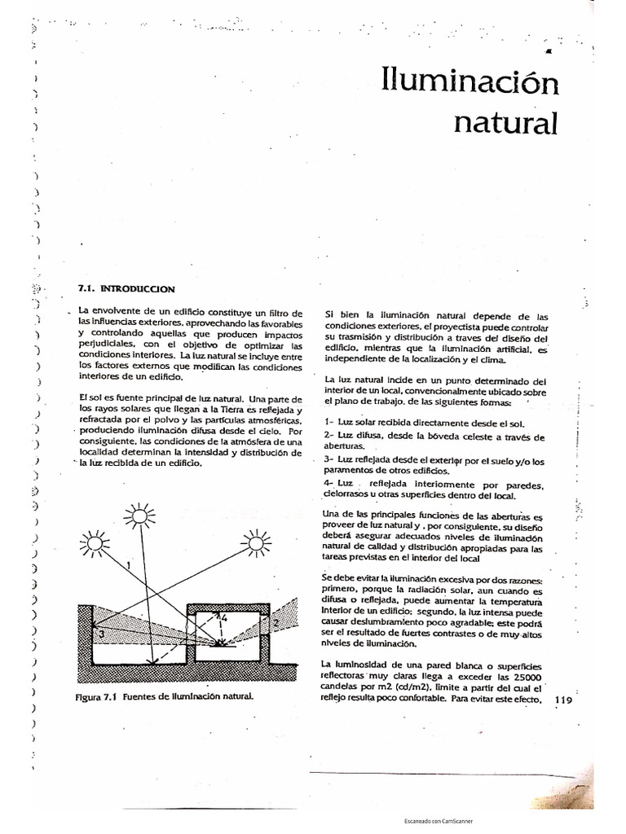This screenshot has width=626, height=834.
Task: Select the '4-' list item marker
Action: [x=330, y=484]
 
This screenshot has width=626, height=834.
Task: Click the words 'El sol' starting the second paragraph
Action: [x=93, y=396]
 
